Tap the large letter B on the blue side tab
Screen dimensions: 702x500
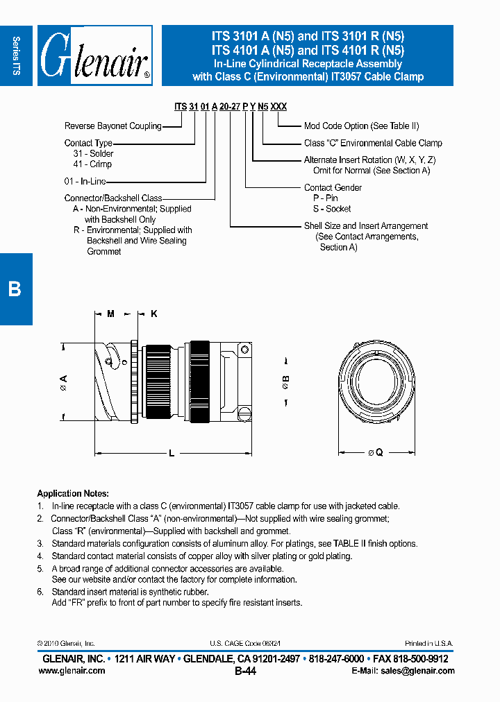pos(15,289)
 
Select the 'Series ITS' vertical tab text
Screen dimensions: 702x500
pos(17,55)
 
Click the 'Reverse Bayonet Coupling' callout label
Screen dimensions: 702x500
pos(112,126)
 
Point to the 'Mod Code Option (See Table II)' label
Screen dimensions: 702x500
pos(361,126)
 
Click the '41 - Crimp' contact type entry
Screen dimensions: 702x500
pos(92,164)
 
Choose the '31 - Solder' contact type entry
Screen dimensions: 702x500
pos(93,154)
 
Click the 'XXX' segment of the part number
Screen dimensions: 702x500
pos(278,107)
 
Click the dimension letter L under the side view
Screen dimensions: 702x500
pos(172,453)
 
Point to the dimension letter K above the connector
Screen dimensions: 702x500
pos(154,314)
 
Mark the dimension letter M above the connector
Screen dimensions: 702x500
pos(110,314)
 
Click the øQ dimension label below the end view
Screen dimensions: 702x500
pos(375,452)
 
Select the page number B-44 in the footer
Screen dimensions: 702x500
pos(246,671)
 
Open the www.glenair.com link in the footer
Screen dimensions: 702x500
pos(74,671)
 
